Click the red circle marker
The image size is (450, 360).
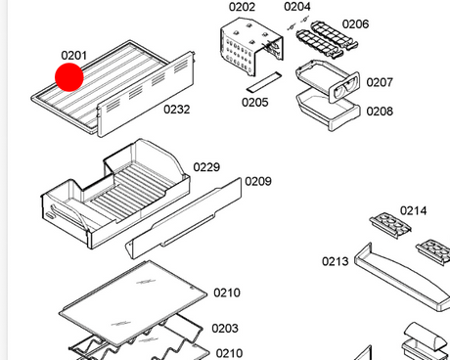point(69,77)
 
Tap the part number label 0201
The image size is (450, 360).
point(74,56)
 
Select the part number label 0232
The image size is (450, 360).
point(176,110)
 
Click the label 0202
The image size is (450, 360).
point(242,7)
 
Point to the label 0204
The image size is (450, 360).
point(297,6)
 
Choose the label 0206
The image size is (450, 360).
point(355,23)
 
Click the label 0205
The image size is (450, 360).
point(255,102)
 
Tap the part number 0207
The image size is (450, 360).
point(380,82)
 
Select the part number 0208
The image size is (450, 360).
point(380,112)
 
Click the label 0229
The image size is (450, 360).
point(206,167)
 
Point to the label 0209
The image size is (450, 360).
point(258,181)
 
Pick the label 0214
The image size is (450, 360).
point(413,210)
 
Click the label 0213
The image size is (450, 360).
point(336,261)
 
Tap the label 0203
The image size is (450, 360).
point(225,328)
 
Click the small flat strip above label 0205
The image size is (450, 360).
point(264,82)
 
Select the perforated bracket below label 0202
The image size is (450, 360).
point(251,46)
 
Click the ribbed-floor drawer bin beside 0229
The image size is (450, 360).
point(114,196)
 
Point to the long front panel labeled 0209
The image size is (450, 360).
point(184,218)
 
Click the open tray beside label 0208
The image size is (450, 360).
point(328,110)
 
